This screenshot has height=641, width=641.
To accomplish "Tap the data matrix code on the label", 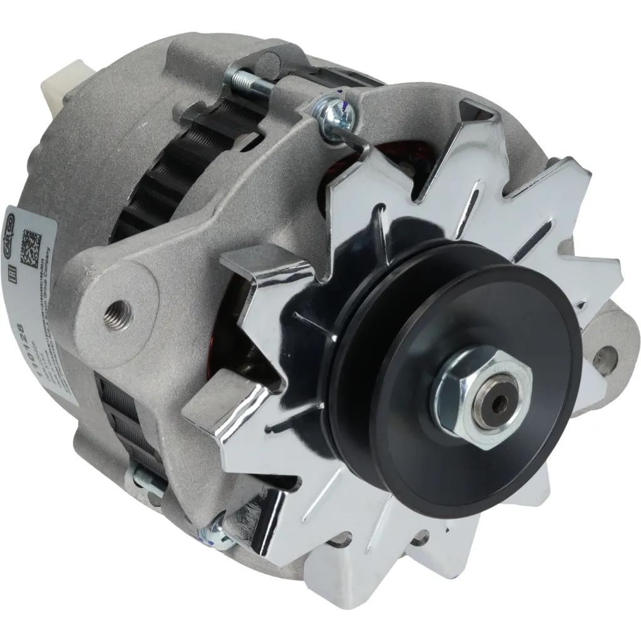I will (31, 248).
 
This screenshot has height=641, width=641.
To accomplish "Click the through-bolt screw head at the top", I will (328, 113).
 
